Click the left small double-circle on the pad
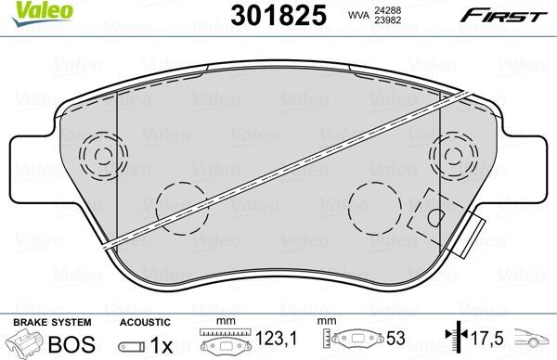97,152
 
